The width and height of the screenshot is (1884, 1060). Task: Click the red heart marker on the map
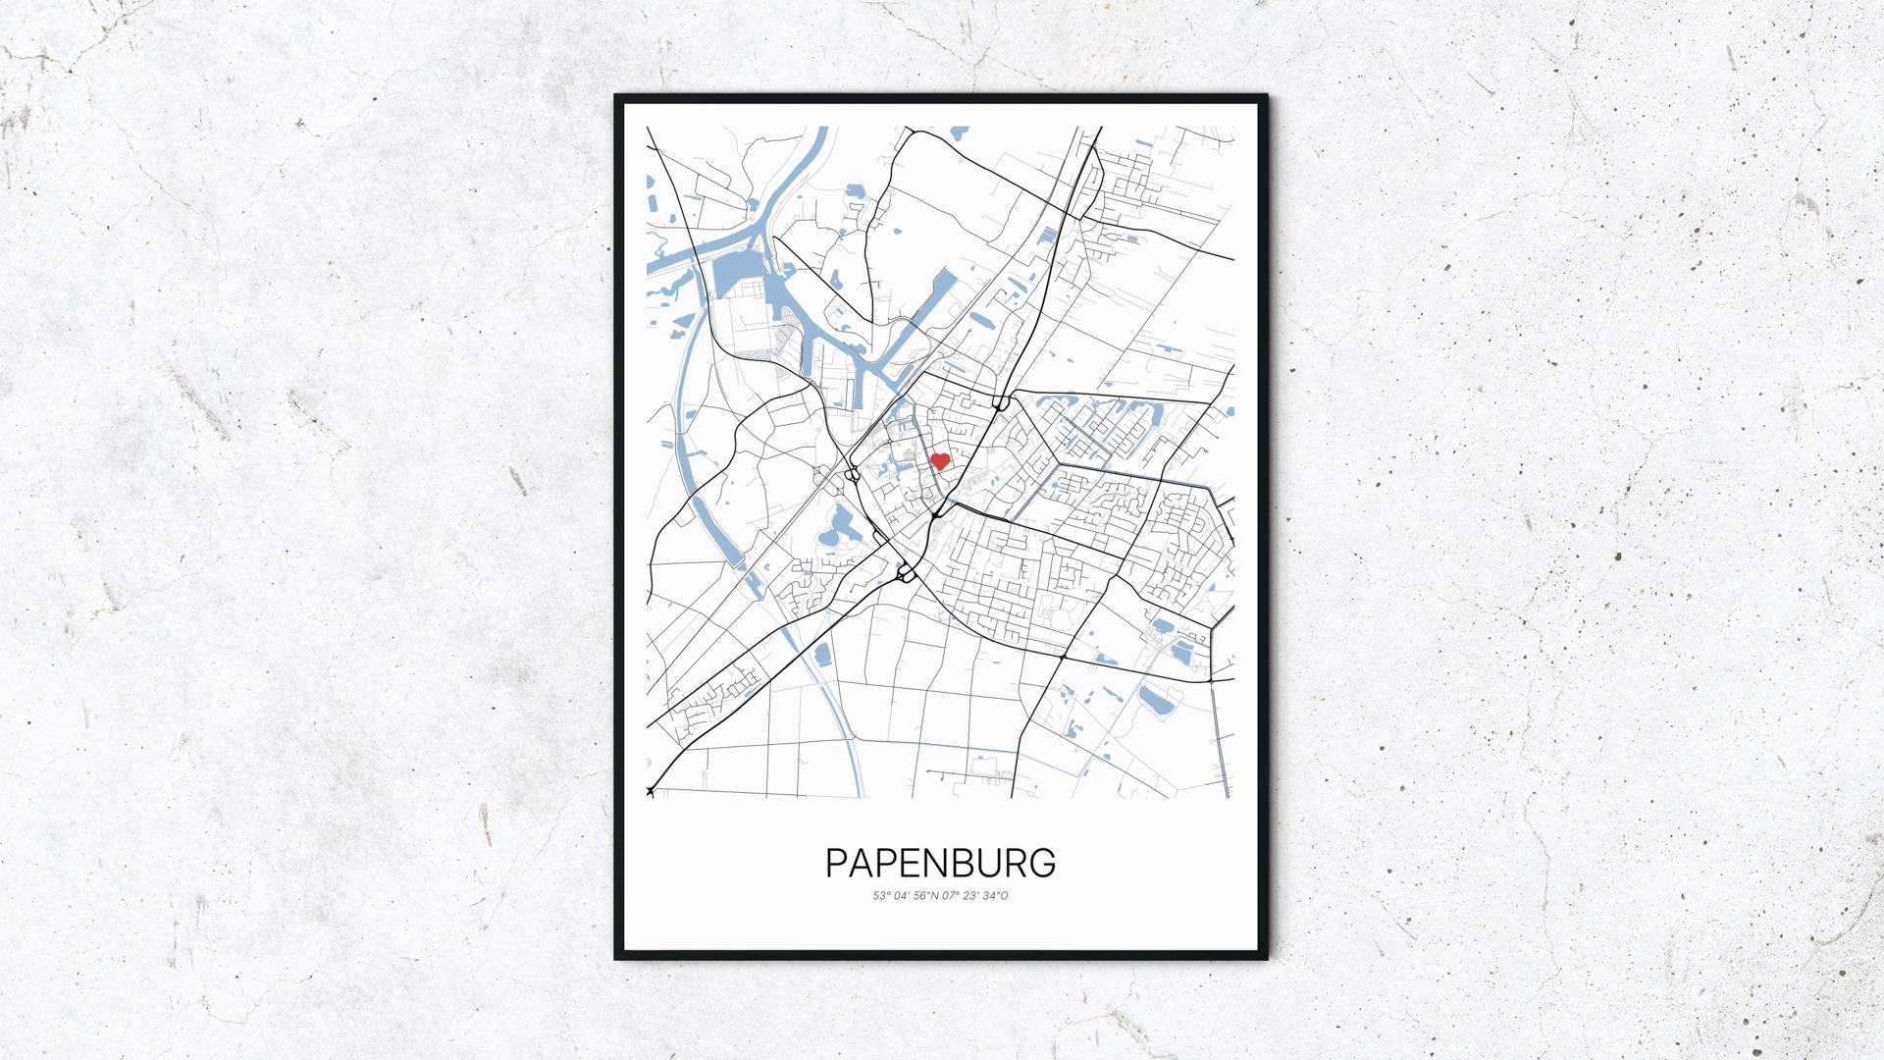[939, 460]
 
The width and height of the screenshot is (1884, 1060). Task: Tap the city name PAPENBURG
[940, 863]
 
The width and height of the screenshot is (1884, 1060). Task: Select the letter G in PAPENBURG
[1041, 863]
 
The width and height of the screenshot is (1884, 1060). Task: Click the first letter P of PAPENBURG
[837, 863]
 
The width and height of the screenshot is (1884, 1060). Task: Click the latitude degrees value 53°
[880, 896]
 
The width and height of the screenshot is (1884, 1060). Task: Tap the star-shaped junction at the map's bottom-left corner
[650, 790]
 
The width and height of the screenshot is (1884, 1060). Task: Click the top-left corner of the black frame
[615, 95]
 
